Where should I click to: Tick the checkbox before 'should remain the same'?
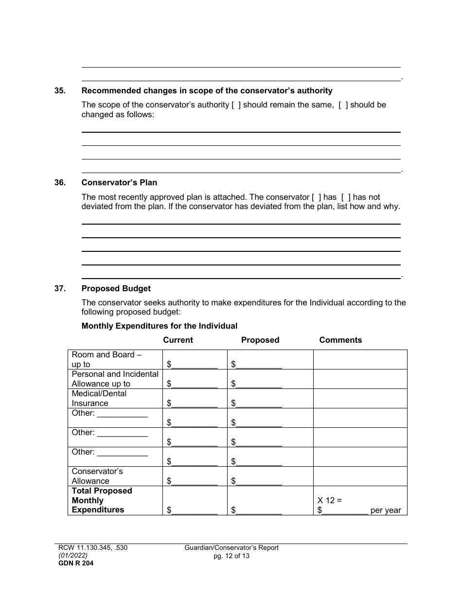click(x=236, y=105)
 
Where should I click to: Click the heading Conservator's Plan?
click(x=119, y=183)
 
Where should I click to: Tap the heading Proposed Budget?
click(x=116, y=288)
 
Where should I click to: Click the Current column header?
click(x=178, y=340)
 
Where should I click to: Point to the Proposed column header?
click(x=260, y=340)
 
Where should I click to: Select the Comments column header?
click(x=340, y=340)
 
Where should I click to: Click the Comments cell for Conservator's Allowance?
click(x=360, y=476)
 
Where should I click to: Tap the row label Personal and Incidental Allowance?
click(x=115, y=379)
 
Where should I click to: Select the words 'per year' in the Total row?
click(x=386, y=510)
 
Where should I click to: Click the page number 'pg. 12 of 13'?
click(x=231, y=556)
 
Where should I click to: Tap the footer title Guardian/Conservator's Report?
click(x=231, y=548)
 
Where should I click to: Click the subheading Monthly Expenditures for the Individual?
click(x=160, y=326)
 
